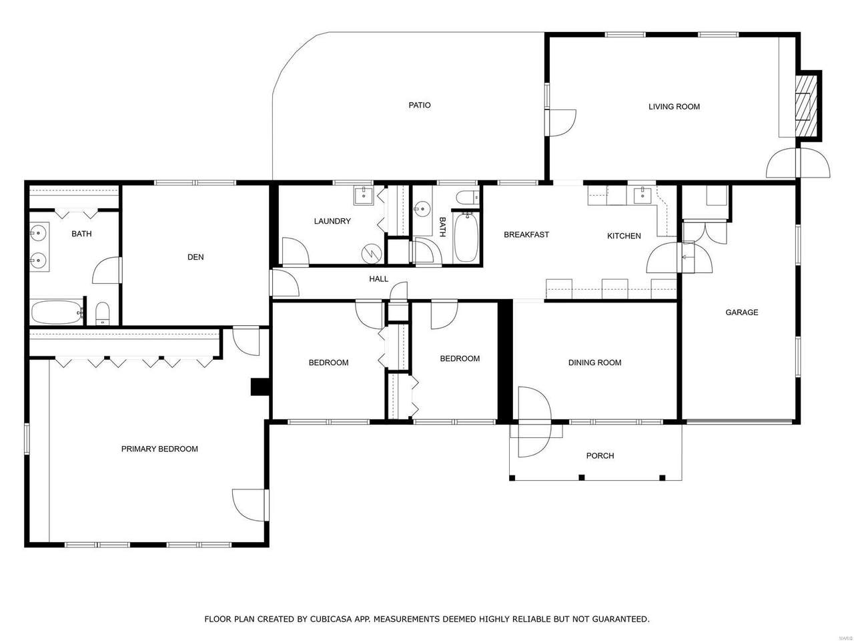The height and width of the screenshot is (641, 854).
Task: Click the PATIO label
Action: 420,105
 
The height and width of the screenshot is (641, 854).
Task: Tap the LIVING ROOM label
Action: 674,107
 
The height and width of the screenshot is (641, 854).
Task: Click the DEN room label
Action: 195,257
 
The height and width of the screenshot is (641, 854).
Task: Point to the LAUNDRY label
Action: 332,221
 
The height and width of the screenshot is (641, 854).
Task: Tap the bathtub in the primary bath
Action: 57,312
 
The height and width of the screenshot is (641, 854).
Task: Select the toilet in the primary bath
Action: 103,313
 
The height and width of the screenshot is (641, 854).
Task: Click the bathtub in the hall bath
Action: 466,236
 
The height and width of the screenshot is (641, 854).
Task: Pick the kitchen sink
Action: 643,196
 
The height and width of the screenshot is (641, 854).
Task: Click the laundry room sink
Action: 364,196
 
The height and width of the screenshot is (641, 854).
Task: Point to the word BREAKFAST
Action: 526,234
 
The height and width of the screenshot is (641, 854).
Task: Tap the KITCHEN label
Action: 624,236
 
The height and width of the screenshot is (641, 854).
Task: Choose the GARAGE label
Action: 741,312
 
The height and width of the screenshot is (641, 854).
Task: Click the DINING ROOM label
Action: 594,363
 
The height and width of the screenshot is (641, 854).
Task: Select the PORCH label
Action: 600,456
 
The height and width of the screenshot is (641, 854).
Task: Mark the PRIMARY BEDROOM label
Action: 159,449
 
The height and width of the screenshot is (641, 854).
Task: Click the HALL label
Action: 378,279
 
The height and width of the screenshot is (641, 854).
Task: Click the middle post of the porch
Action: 582,477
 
